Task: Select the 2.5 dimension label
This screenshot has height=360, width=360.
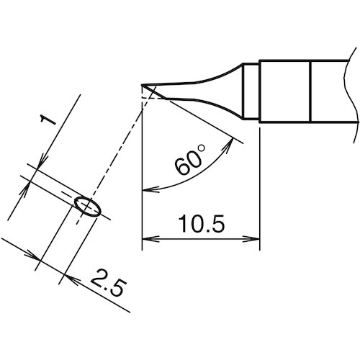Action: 104,284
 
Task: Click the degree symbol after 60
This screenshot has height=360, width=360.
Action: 202,149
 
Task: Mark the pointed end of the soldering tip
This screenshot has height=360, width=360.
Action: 143,88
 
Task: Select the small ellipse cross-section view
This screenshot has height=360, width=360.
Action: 87,206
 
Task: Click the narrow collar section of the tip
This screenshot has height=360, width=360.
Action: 249,92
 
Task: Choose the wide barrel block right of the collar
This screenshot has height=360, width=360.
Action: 284,91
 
